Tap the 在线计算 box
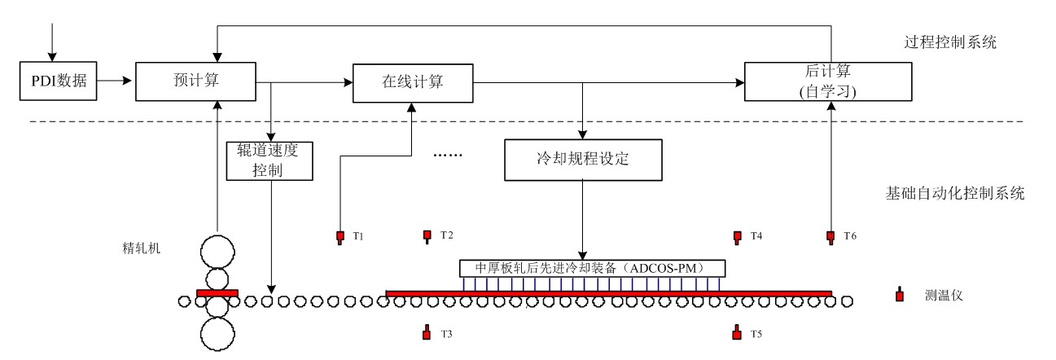pyautogui.click(x=413, y=81)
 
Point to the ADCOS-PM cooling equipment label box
pyautogui.click(x=592, y=268)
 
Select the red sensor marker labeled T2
pyautogui.click(x=427, y=236)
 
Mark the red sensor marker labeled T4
pyautogui.click(x=737, y=237)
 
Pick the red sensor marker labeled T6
pyautogui.click(x=830, y=237)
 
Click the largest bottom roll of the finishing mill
pyautogui.click(x=217, y=333)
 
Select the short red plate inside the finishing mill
pyautogui.click(x=217, y=293)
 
